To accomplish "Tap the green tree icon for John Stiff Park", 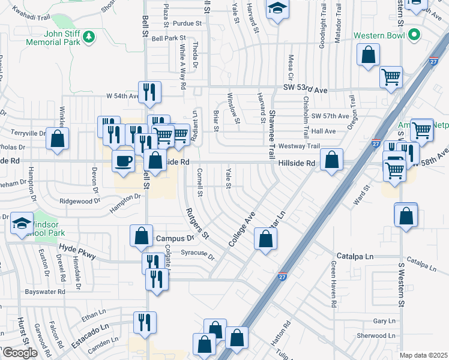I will click(x=89, y=37).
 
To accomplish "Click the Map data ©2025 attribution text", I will click(x=423, y=355).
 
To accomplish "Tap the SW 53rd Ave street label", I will click(x=305, y=89).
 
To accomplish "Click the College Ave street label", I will click(x=242, y=229).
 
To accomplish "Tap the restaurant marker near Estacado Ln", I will click(x=145, y=322).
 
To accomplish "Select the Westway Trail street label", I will click(x=298, y=146).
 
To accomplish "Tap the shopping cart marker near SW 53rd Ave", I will click(x=391, y=77).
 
